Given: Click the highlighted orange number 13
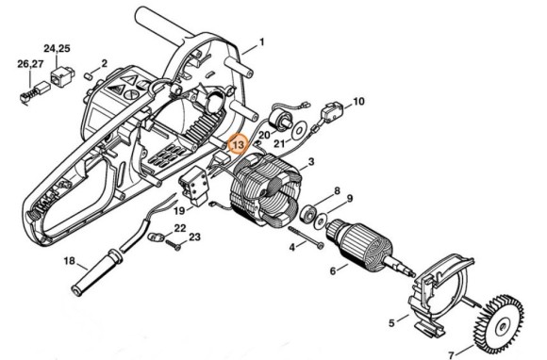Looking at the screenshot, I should point(238,145).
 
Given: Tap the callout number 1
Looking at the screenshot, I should point(261,41).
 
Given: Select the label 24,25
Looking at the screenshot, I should point(57,47).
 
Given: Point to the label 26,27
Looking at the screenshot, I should point(30,63).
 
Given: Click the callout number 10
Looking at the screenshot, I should point(358,101).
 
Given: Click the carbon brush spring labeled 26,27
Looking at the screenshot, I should point(33,90).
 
